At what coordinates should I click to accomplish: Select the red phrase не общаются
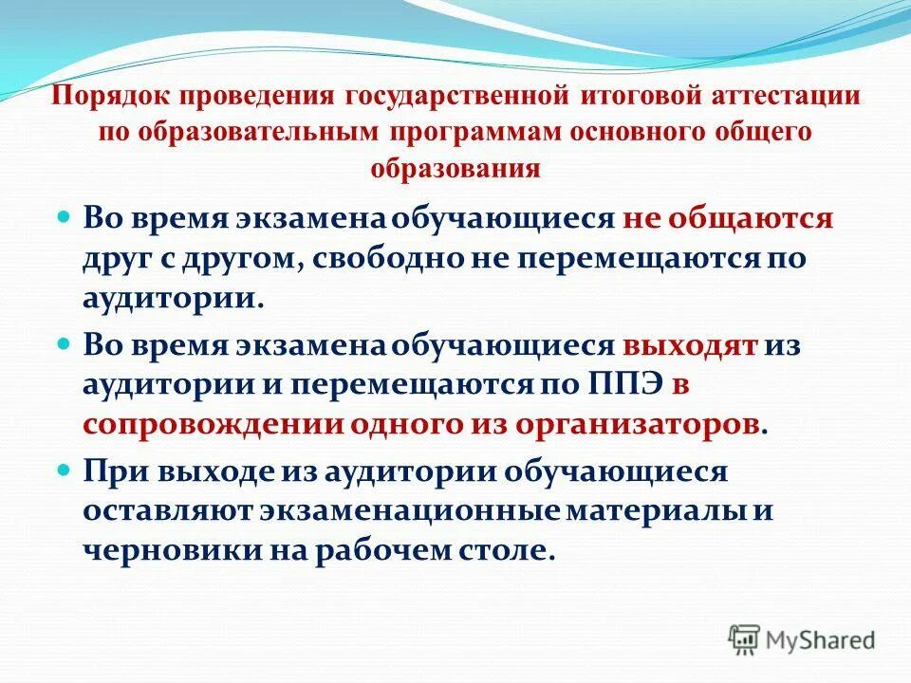click(x=728, y=218)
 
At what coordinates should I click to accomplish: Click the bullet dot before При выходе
click(x=65, y=469)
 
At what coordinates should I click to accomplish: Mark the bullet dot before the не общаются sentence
click(x=65, y=216)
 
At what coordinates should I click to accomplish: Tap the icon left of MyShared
click(x=744, y=640)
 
